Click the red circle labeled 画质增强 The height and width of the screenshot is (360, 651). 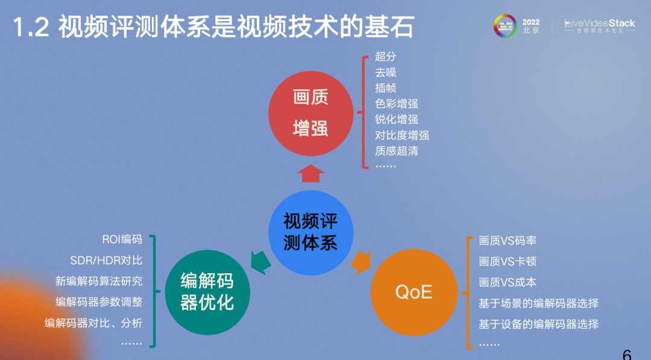[310, 113]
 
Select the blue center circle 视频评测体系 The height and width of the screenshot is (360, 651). [310, 233]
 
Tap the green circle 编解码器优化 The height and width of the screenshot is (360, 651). [207, 292]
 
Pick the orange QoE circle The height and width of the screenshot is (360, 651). [414, 292]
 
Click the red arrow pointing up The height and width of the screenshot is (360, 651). [310, 174]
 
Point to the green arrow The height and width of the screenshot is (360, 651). [260, 262]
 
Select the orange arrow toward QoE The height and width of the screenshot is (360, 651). [360, 262]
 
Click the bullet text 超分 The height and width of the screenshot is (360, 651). [386, 57]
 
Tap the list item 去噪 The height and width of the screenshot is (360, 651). [386, 72]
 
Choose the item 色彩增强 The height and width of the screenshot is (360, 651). [397, 103]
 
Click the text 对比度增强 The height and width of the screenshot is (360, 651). [402, 135]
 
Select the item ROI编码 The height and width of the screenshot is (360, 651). [122, 239]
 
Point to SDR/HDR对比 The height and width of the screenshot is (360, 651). [106, 261]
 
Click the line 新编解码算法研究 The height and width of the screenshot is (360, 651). [99, 281]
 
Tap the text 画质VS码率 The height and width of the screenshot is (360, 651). [508, 241]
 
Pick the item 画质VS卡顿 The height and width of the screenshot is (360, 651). [508, 261]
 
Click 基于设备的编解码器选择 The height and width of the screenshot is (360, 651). [538, 324]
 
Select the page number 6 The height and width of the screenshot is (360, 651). [627, 354]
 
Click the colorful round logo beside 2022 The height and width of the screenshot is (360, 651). [505, 26]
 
